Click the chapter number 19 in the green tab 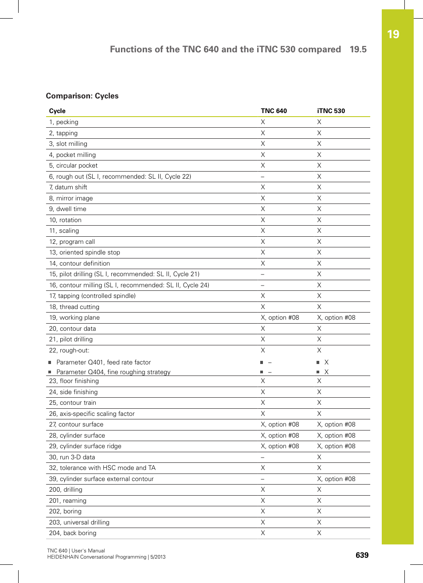click(x=393, y=35)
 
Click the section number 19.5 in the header click(x=358, y=49)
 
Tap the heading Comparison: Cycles click(x=82, y=96)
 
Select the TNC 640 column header click(x=274, y=111)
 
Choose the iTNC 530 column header click(x=331, y=111)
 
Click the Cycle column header click(x=57, y=111)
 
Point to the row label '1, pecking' click(x=64, y=122)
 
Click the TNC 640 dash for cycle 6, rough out click(x=262, y=176)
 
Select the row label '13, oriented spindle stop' click(x=85, y=252)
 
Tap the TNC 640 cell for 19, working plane click(x=280, y=317)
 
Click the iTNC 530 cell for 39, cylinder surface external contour click(x=336, y=479)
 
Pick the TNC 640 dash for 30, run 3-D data click(x=262, y=457)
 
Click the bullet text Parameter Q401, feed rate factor click(x=103, y=362)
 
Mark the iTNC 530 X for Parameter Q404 click(x=326, y=372)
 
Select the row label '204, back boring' click(x=73, y=533)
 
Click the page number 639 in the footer click(x=362, y=555)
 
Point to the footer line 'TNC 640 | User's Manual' click(x=76, y=551)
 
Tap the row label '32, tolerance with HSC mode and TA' click(x=102, y=468)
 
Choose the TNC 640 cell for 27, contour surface click(x=280, y=424)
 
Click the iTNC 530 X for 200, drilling click(x=319, y=489)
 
